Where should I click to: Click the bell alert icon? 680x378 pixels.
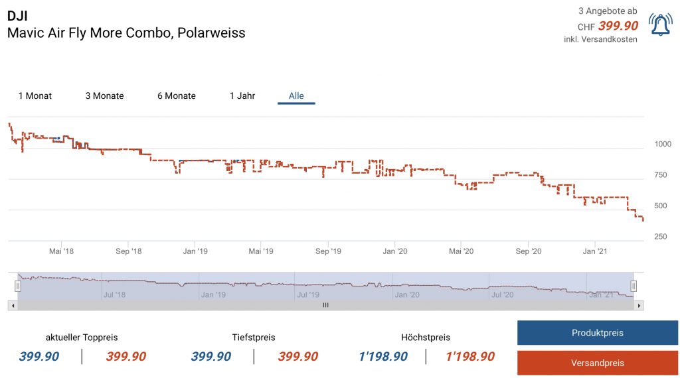pos(660,25)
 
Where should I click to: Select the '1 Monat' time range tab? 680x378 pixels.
pos(35,96)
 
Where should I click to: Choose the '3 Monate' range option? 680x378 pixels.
pos(104,96)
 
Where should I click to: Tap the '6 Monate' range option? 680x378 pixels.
pos(177,96)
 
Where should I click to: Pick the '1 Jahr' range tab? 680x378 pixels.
pos(242,96)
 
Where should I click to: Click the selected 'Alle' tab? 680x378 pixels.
pos(296,96)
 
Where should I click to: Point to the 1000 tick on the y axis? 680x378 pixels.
pos(663,144)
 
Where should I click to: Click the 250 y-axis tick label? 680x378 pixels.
pos(661,237)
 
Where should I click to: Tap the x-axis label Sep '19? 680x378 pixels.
pos(328,252)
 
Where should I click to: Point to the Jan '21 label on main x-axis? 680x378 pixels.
pos(595,252)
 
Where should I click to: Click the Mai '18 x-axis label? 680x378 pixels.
pos(61,252)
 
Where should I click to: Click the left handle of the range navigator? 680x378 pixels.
pos(18,286)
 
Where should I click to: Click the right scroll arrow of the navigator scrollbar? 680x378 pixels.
pos(639,305)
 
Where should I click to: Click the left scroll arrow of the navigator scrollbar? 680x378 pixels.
pos(13,305)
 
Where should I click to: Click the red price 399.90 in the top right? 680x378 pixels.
pos(618,26)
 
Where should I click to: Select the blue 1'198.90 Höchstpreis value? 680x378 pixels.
pos(383,357)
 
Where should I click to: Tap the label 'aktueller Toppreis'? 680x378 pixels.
pos(82,338)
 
